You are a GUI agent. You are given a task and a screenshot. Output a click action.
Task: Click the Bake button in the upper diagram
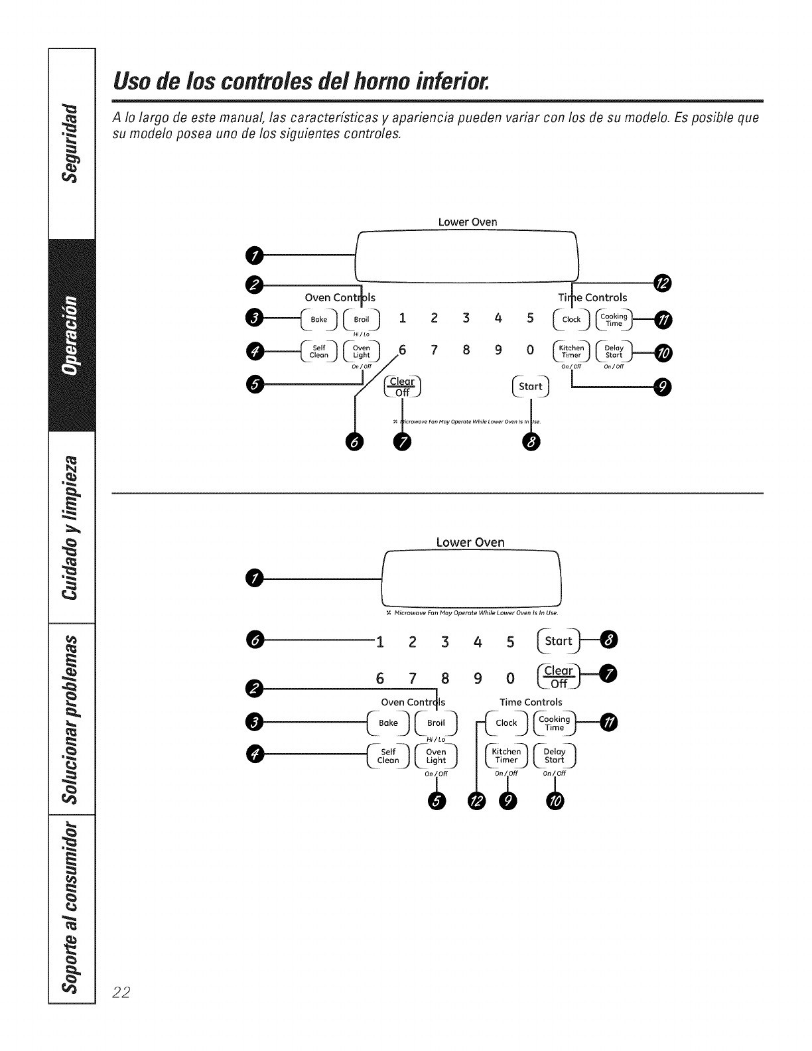tap(319, 319)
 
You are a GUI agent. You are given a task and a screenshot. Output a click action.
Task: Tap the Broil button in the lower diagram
tap(436, 723)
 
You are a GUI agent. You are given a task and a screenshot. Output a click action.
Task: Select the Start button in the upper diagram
tap(531, 386)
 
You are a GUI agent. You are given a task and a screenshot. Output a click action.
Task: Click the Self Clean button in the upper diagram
tap(319, 351)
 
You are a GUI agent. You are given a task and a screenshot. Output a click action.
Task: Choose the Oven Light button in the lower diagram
tap(436, 756)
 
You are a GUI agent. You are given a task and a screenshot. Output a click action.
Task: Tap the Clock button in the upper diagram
tap(571, 319)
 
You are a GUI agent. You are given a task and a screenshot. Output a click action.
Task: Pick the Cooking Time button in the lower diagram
tap(554, 723)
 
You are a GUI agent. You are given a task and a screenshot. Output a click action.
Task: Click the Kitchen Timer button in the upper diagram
tap(571, 351)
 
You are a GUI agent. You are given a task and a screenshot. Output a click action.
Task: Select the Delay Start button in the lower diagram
tap(554, 756)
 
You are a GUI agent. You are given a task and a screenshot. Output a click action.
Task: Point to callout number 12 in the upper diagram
tap(662, 284)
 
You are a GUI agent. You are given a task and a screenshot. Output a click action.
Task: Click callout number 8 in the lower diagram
tap(609, 640)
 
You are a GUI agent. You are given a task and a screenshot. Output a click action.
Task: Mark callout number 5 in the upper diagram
tap(253, 384)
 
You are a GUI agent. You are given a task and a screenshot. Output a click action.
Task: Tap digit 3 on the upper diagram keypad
tap(466, 318)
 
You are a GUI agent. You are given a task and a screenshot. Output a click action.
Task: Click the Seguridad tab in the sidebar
tap(72, 141)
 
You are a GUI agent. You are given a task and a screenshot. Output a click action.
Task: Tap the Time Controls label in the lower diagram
tap(531, 702)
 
